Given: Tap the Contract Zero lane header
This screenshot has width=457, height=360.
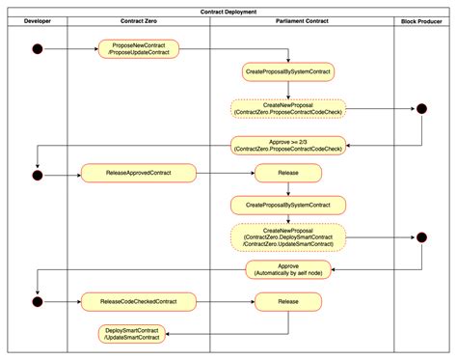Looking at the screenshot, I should [139, 20].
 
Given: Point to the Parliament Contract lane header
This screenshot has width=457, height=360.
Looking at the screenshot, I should [302, 20].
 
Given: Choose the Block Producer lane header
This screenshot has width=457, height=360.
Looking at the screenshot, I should [422, 20].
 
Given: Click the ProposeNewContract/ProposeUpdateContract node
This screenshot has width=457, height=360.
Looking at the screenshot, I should [139, 48].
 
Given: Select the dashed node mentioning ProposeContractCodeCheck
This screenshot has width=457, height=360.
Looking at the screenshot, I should [288, 109].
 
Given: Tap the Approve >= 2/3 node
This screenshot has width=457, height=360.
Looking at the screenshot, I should [288, 145].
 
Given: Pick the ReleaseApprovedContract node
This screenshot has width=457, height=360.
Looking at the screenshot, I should [139, 174].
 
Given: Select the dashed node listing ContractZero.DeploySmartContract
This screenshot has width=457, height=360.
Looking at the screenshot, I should [288, 236].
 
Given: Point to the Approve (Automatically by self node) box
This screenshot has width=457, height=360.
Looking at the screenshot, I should [288, 270].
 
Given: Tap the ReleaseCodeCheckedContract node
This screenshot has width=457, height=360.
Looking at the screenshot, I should [139, 301].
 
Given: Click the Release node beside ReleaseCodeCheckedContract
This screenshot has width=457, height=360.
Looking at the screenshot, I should [288, 301].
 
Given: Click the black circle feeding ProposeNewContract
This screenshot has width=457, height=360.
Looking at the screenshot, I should [37, 48].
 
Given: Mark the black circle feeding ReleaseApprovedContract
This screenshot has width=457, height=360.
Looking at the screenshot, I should [37, 175].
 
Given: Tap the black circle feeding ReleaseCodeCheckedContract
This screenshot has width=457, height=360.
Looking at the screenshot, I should [37, 301].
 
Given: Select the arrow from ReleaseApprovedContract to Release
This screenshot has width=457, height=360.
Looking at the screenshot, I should [226, 174].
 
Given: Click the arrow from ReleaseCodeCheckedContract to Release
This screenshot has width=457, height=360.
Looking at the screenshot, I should [226, 301].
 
